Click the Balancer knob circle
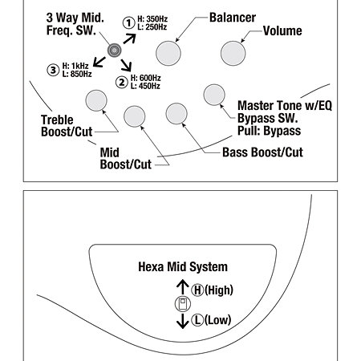point(168,53)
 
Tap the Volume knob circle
point(233,53)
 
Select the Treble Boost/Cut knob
point(96,100)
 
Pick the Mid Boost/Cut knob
point(135,116)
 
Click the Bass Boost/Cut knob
point(176,114)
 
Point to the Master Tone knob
point(214,95)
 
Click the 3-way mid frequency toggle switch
point(115,50)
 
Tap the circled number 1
point(129,23)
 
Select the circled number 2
point(122,83)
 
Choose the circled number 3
point(53,70)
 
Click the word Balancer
point(233,18)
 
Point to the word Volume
point(282,30)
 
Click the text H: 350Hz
point(152,19)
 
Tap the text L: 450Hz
point(145,86)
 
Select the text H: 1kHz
point(75,66)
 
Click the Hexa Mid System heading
point(183,267)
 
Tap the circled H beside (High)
point(197,290)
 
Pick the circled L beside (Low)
point(197,320)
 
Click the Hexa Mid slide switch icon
point(183,304)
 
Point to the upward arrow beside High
point(183,287)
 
